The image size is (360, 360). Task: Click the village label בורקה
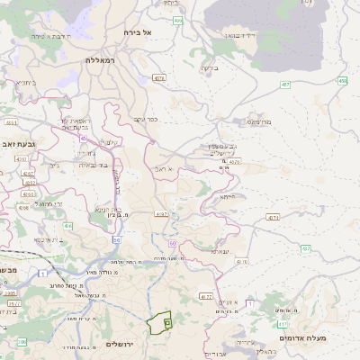click(209, 67)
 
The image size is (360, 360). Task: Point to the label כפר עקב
click(145, 119)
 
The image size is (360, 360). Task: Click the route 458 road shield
click(342, 81)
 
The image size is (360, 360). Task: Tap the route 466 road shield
click(177, 20)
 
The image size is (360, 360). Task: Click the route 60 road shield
click(171, 243)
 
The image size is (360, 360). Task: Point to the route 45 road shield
click(83, 139)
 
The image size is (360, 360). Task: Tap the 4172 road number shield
click(205, 296)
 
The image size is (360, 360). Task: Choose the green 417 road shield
click(283, 324)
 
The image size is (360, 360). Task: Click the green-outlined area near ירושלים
click(159, 322)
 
